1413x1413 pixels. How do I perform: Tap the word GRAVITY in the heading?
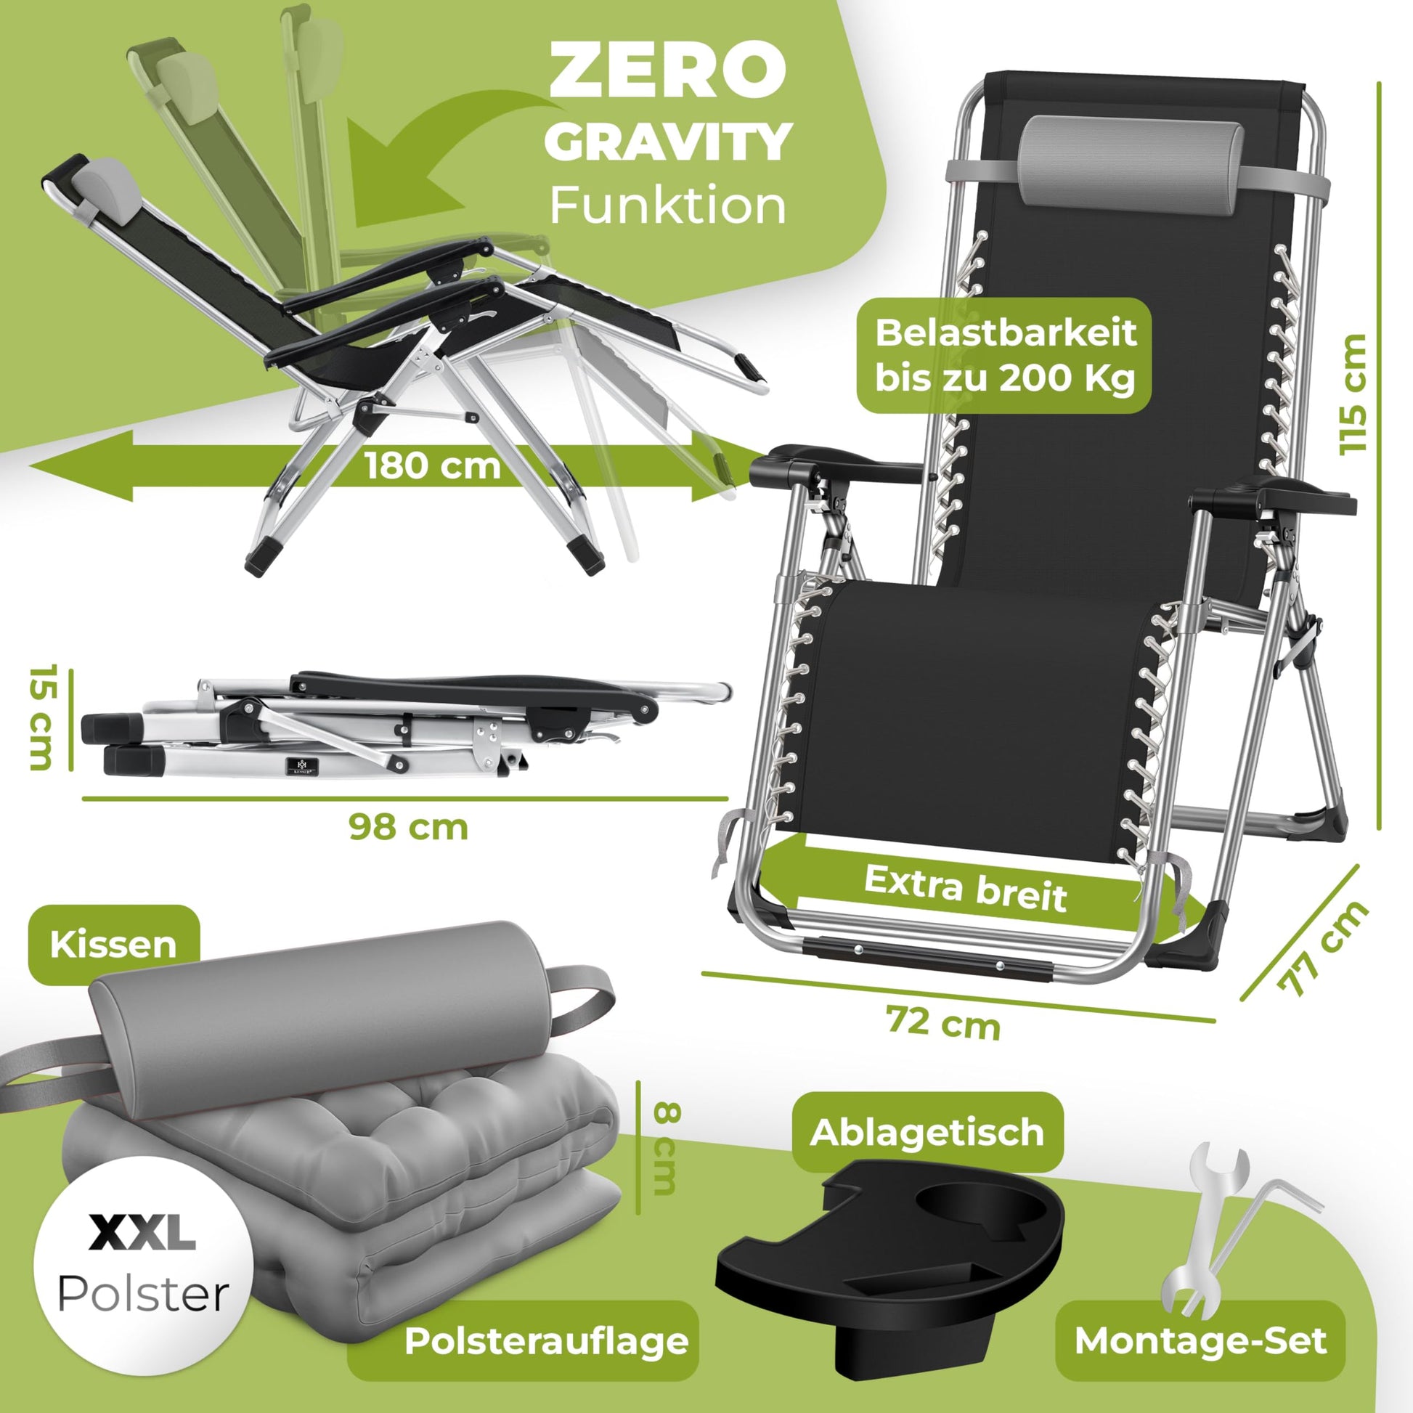[x=668, y=142]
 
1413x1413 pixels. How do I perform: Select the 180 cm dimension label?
[x=433, y=466]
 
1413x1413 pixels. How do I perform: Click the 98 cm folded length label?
[x=408, y=826]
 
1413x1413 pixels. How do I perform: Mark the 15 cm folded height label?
[x=41, y=717]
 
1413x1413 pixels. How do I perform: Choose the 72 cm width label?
[x=942, y=1022]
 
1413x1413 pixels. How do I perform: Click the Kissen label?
[x=113, y=944]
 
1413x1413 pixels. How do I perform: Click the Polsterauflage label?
[x=546, y=1340]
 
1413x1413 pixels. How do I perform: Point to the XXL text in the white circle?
[x=142, y=1232]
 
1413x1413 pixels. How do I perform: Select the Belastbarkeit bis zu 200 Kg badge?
[x=1004, y=356]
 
